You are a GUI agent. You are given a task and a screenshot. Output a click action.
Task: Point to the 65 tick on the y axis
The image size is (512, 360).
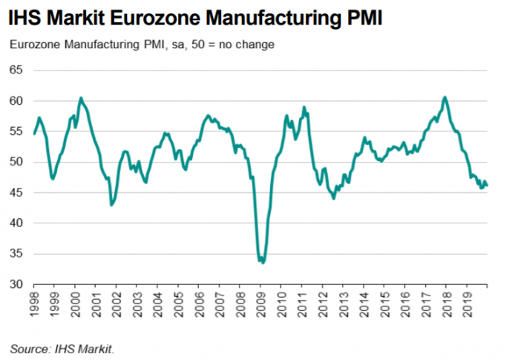click(x=16, y=70)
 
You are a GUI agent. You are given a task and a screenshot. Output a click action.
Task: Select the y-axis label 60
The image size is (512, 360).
click(x=16, y=100)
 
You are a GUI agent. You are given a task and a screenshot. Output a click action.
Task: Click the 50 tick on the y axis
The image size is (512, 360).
click(x=16, y=162)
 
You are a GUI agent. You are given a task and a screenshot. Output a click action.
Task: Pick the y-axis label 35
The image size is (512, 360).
click(x=16, y=254)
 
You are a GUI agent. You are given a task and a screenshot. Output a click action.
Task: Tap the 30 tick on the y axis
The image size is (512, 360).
click(x=16, y=284)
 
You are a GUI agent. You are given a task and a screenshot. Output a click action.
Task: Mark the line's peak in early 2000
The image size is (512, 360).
click(x=80, y=98)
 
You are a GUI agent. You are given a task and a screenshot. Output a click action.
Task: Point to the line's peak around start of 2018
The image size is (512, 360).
click(x=444, y=97)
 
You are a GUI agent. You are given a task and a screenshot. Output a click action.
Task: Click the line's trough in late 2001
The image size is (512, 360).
click(x=111, y=205)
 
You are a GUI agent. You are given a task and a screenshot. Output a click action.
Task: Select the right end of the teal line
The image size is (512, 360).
click(x=487, y=186)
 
